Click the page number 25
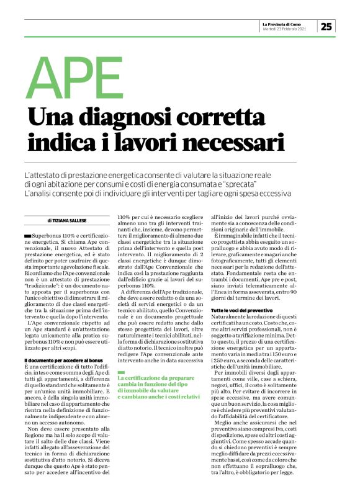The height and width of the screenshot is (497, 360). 327,25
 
